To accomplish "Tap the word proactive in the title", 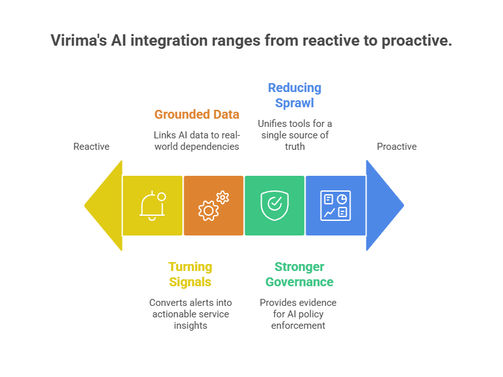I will click(x=416, y=41).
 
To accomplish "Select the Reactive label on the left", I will click(x=91, y=147).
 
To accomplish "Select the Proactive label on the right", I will click(x=396, y=147).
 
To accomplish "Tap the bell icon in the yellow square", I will click(x=152, y=206).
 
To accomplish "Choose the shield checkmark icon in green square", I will click(x=274, y=205).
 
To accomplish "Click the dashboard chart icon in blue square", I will click(x=335, y=205).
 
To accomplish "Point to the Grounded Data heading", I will click(x=197, y=115).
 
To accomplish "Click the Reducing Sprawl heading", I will click(x=295, y=95).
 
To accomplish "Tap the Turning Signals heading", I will click(x=191, y=274).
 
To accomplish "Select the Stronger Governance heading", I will click(x=298, y=274).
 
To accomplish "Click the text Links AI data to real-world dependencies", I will click(x=197, y=141).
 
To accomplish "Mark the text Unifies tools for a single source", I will click(x=295, y=135).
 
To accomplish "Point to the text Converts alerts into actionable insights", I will click(x=191, y=314).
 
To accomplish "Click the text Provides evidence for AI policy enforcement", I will click(x=298, y=314).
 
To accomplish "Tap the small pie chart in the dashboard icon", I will click(x=342, y=199).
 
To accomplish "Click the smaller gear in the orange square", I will click(x=222, y=197).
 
